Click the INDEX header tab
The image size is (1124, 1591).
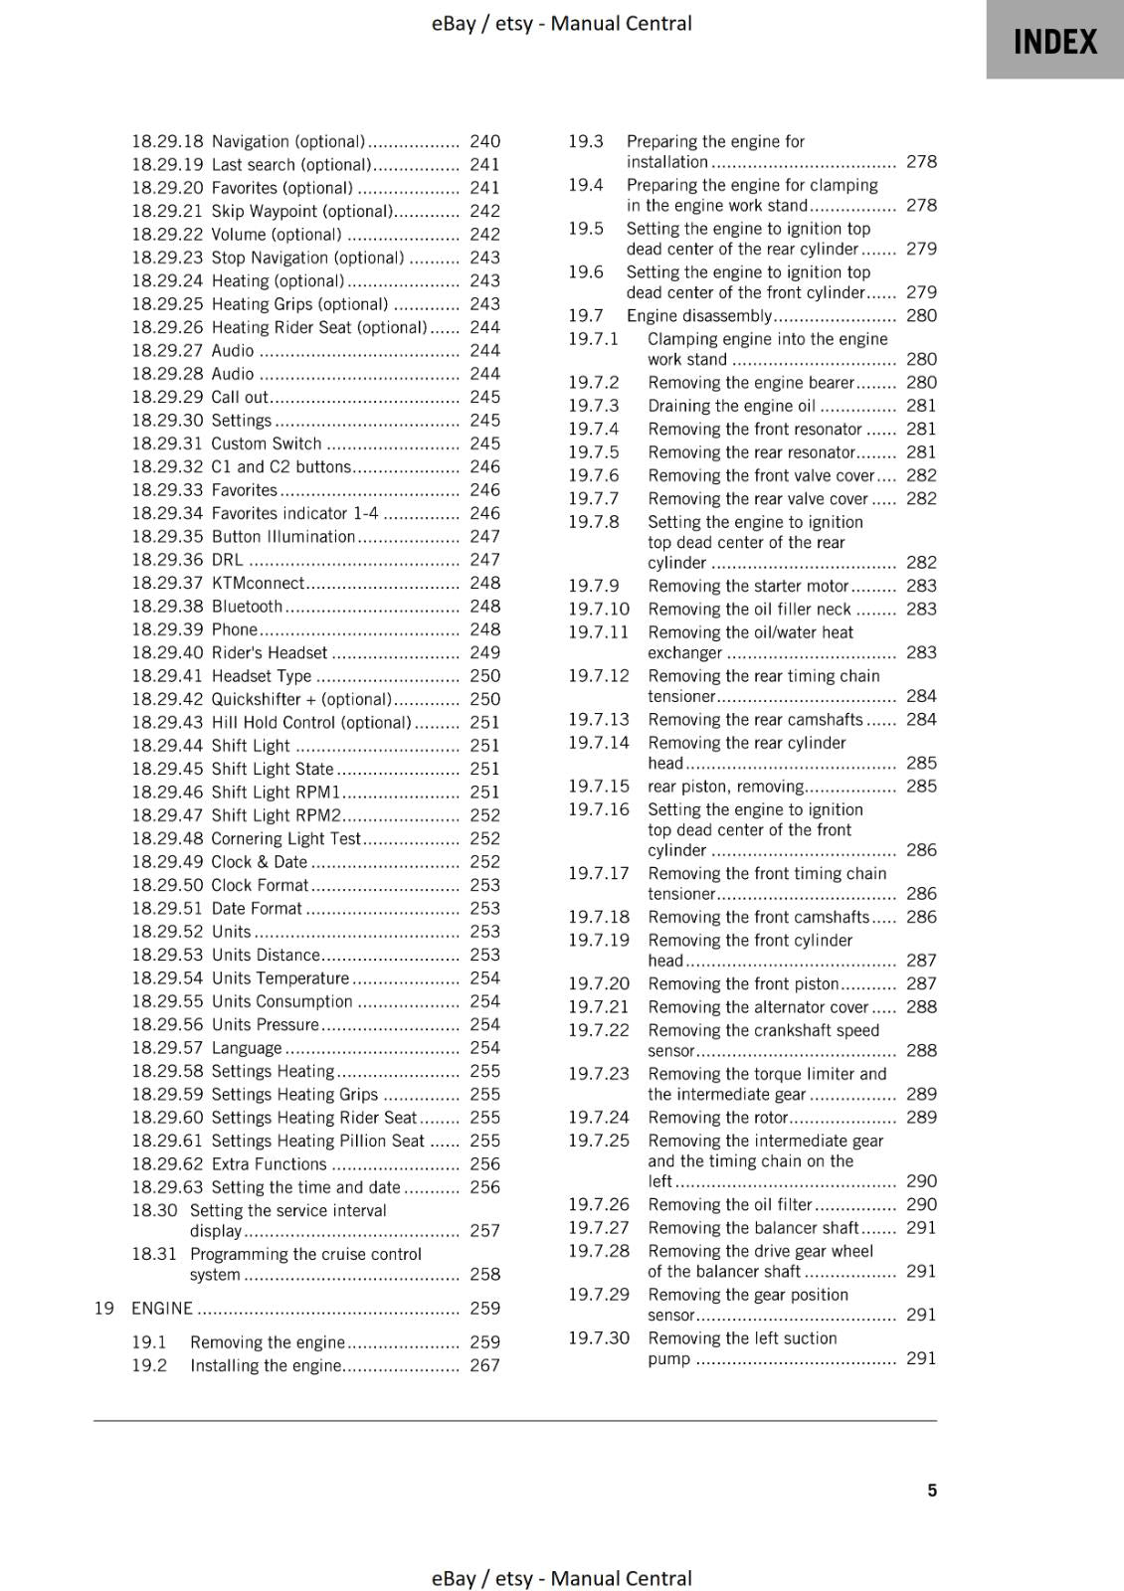[1054, 41]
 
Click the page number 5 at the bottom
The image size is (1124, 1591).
[932, 1490]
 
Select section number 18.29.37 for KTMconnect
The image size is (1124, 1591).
[166, 583]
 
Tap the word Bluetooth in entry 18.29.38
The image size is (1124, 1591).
[247, 607]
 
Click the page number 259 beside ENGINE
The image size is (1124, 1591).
[484, 1308]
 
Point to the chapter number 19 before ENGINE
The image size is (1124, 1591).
[103, 1308]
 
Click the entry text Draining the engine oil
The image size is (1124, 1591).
[731, 406]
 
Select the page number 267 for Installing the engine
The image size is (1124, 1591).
[484, 1365]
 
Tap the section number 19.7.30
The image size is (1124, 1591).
[598, 1338]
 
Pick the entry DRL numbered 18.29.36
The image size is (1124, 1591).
[227, 560]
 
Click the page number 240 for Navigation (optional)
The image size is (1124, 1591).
[484, 141]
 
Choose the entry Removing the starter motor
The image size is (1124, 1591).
[748, 586]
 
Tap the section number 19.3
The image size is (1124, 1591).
[585, 141]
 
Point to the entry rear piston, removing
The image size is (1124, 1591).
[725, 787]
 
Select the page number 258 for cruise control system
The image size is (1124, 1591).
[484, 1274]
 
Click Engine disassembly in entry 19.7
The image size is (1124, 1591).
[698, 315]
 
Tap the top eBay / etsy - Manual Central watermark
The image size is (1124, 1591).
[561, 23]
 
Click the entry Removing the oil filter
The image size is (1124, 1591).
[730, 1204]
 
